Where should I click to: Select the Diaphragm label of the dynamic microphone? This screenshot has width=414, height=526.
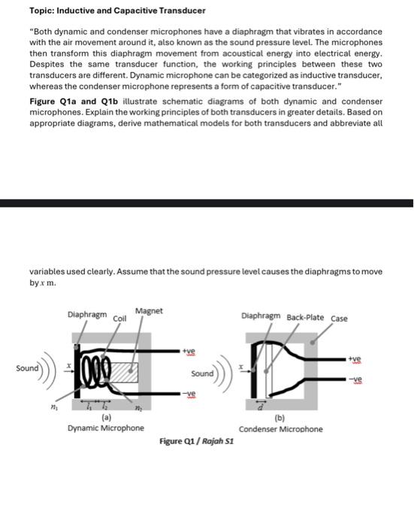click(87, 316)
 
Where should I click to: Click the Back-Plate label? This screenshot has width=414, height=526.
click(305, 317)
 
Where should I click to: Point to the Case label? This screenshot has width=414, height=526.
click(339, 318)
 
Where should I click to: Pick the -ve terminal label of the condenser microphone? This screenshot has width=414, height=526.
click(365, 379)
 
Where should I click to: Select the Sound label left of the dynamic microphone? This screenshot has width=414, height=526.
click(27, 368)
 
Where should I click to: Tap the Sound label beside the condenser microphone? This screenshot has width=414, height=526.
click(202, 373)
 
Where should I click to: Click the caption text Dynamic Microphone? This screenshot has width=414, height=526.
click(106, 428)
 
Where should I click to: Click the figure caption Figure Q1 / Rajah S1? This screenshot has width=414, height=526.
click(196, 441)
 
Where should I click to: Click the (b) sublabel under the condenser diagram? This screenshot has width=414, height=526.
click(280, 418)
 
